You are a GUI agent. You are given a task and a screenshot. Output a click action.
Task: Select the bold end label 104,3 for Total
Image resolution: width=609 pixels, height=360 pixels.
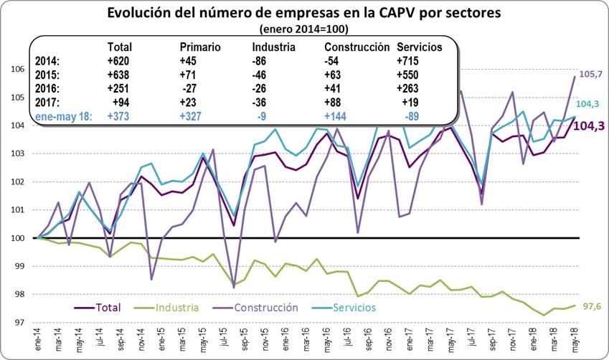[x=589, y=125]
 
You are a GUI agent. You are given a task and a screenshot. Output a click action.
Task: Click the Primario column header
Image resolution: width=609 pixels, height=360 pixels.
[x=201, y=47]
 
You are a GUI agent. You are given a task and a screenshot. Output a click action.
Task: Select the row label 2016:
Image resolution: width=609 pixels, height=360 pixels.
[x=49, y=87]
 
